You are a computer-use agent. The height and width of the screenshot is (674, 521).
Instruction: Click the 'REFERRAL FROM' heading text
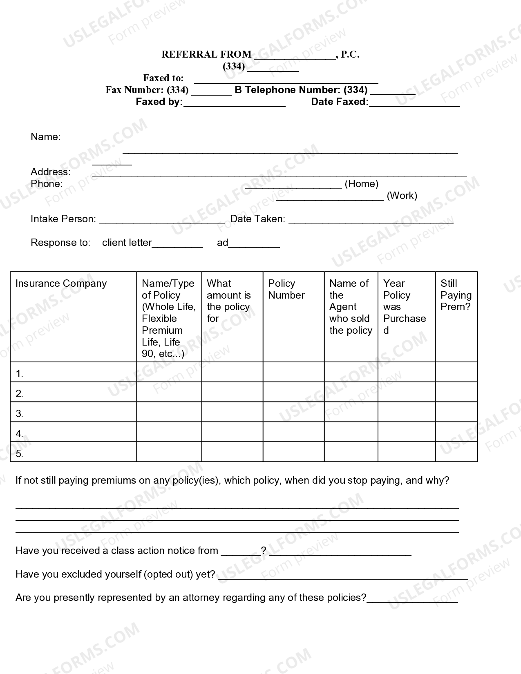[206, 54]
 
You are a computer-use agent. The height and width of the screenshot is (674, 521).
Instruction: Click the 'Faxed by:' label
[159, 102]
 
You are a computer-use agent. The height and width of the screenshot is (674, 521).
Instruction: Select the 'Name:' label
[45, 137]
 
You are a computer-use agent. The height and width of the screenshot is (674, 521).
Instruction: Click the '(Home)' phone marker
[361, 184]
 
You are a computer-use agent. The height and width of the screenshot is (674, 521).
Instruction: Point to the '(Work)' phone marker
[402, 196]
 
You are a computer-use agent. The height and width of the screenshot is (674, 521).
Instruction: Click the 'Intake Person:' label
[63, 219]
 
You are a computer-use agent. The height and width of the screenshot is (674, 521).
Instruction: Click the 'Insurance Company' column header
[61, 283]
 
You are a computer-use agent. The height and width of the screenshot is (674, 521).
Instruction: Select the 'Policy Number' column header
[286, 289]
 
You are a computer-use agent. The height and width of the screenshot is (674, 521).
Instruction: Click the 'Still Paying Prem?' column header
[456, 295]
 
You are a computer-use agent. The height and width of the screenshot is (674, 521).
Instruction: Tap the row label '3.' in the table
[19, 413]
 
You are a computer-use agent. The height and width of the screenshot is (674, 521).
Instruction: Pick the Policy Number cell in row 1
[293, 372]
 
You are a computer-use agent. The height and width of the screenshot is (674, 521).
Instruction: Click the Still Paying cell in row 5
[456, 452]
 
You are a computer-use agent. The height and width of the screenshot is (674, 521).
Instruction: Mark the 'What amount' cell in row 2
[232, 392]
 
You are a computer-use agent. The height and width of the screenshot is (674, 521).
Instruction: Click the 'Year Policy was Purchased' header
[404, 306]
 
